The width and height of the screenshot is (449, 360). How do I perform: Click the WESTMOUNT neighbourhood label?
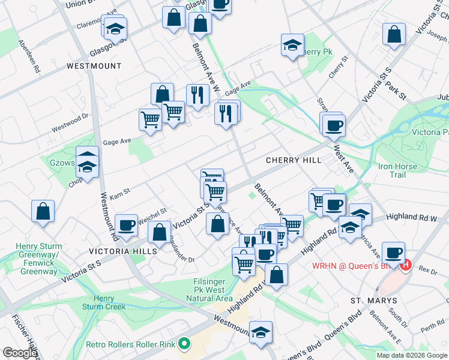coord(94,66)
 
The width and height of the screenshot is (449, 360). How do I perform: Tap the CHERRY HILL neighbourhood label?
coord(294,160)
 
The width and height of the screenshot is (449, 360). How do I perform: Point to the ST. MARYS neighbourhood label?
coord(374,300)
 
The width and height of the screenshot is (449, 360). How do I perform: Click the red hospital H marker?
coord(406,264)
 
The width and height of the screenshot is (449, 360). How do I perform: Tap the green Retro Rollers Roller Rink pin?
coord(184,344)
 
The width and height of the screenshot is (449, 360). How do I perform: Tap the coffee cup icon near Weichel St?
coord(126,225)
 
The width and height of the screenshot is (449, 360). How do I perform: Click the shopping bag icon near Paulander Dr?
coord(160,232)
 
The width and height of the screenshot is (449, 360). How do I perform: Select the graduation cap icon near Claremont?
coord(115,28)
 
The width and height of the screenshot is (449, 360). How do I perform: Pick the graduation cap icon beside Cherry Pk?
coord(292,45)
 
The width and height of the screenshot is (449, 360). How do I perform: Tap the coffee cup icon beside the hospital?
coord(393,253)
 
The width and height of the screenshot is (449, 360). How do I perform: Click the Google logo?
coord(20,353)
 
